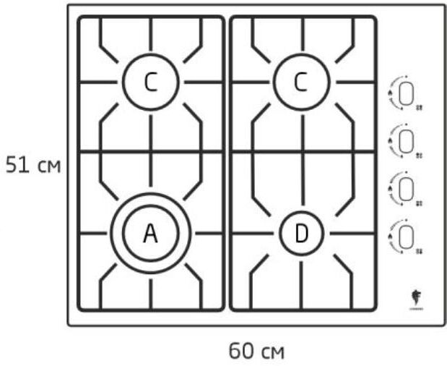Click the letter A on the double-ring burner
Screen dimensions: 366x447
coord(150,233)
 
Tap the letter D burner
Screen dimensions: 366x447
coord(301,233)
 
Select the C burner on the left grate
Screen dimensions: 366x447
coord(150,82)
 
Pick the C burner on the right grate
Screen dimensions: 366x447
coord(301,82)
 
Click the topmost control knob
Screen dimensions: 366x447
coord(406,93)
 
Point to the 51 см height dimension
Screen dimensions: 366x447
coord(32,166)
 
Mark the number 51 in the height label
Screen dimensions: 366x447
coord(17,166)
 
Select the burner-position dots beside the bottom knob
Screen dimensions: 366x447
coord(419,249)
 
